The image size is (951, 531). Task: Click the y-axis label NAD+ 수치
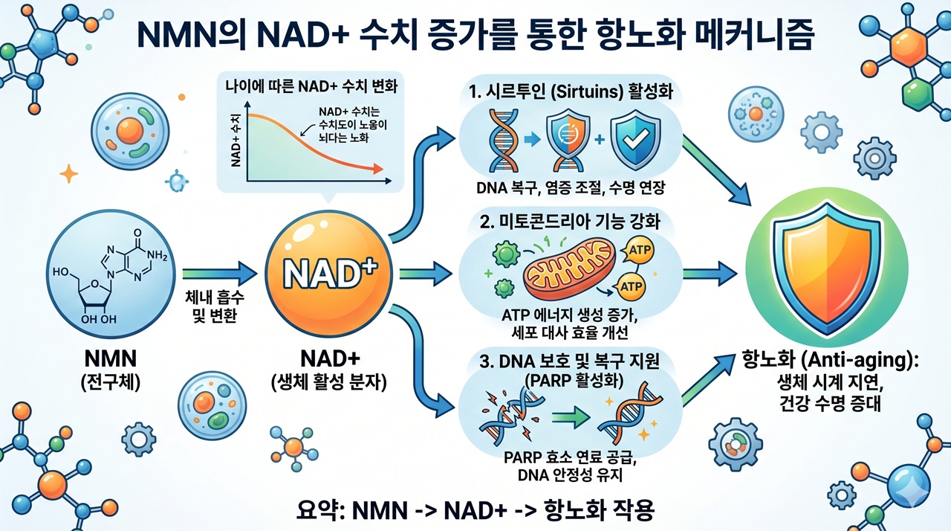point(235,141)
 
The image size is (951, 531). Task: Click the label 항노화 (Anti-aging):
point(831,358)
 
